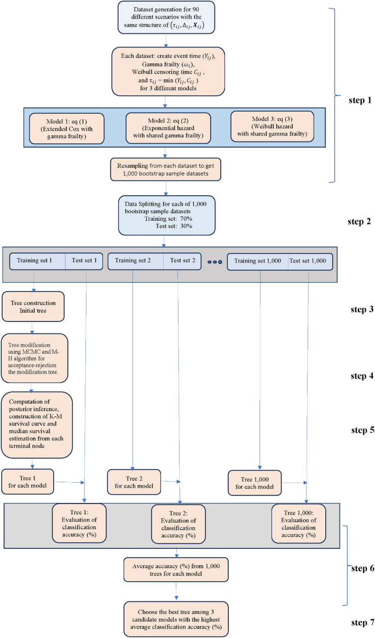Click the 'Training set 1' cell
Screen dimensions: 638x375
[x=38, y=261]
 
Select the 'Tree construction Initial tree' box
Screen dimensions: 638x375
[x=34, y=306]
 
